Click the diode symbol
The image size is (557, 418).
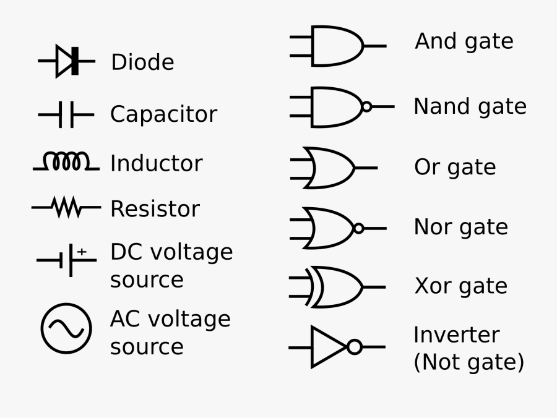click(67, 61)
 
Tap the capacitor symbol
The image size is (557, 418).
click(66, 114)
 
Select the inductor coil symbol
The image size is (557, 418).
click(66, 162)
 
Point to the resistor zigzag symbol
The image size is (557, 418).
click(67, 207)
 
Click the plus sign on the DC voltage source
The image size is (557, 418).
click(82, 252)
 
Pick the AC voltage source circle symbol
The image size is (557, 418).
click(66, 328)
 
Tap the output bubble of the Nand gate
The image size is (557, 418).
click(366, 106)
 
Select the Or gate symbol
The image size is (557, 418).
click(331, 168)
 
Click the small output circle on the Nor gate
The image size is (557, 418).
click(358, 228)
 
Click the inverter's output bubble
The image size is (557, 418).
click(354, 347)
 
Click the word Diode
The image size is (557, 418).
click(142, 62)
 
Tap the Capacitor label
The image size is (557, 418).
click(163, 114)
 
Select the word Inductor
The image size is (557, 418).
click(156, 164)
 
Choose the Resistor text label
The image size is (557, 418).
click(155, 209)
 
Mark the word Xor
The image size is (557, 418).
click(431, 286)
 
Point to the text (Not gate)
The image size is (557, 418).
click(468, 362)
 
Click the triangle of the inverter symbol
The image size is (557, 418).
click(327, 347)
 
